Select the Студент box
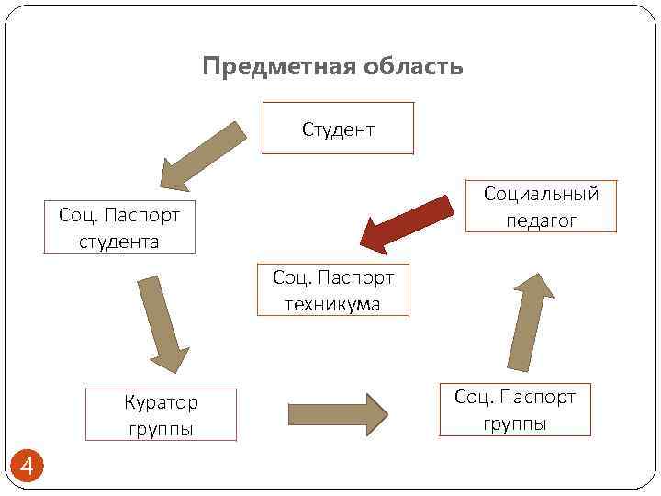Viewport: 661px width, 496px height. [338, 128]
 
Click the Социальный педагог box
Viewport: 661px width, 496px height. [540, 206]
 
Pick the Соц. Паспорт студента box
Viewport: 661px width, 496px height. [119, 227]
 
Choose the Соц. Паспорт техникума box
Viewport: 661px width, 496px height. [332, 290]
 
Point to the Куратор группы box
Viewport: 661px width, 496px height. [161, 415]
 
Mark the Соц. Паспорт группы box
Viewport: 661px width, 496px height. [514, 409]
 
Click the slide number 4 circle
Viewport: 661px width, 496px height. [27, 468]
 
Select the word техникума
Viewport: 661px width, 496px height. [332, 304]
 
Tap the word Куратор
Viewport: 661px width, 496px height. [161, 402]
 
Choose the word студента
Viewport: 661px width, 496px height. [119, 242]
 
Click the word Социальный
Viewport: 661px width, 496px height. [541, 194]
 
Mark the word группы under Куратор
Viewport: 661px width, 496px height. [161, 429]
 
